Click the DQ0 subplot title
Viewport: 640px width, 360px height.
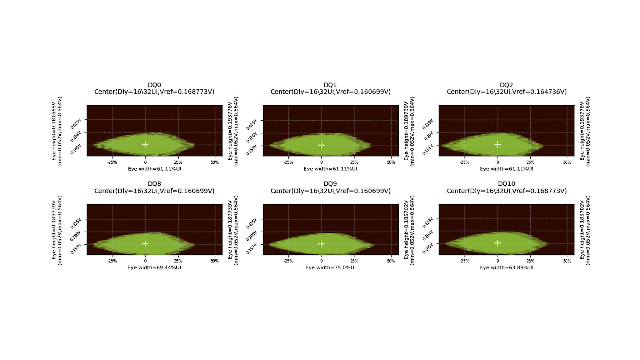pos(154,85)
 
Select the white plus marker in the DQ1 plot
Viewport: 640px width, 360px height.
pos(321,145)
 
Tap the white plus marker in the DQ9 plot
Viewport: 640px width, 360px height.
pos(321,244)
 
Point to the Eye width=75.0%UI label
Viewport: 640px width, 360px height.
pos(330,267)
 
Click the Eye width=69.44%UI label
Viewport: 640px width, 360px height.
pos(154,267)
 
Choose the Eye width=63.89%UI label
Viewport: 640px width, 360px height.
pos(507,267)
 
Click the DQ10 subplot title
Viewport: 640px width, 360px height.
pos(506,184)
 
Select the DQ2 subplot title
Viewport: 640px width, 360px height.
pos(506,85)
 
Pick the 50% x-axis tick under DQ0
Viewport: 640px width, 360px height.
pos(215,162)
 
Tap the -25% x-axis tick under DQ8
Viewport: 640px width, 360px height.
pos(112,261)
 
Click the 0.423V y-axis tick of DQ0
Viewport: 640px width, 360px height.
pos(76,123)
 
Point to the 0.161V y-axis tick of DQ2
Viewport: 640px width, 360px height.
pos(428,149)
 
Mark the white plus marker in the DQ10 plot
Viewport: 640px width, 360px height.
pos(497,243)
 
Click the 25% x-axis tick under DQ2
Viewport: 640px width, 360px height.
pos(530,162)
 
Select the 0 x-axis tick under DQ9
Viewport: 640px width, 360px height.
pos(321,261)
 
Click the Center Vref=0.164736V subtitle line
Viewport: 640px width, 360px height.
pos(507,92)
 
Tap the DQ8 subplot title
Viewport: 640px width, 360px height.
pos(154,184)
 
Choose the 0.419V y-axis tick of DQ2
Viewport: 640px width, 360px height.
pos(428,124)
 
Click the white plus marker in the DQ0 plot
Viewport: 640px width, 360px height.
pos(145,144)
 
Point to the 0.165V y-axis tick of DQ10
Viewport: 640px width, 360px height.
pos(428,248)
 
